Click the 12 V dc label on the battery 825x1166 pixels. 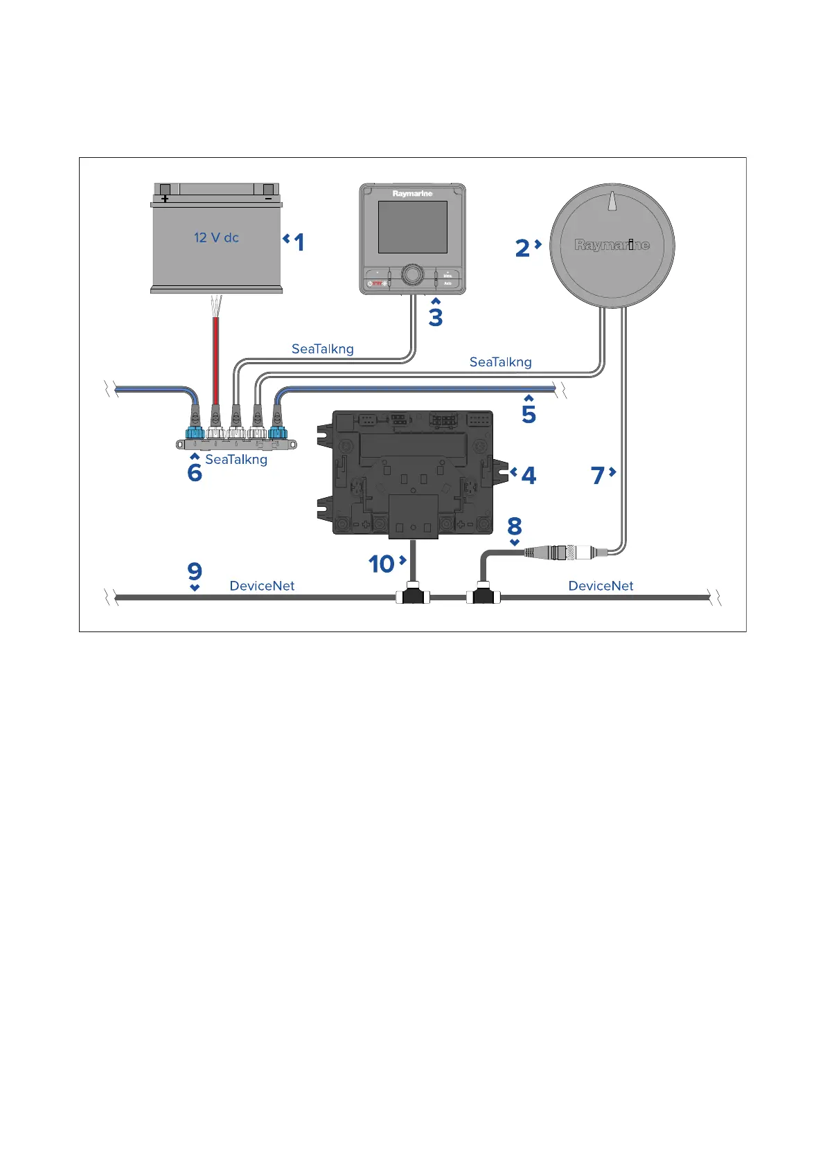pyautogui.click(x=216, y=237)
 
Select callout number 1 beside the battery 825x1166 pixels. pyautogui.click(x=299, y=242)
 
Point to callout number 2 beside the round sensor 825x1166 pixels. pyautogui.click(x=522, y=248)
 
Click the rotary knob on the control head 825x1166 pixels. pyautogui.click(x=412, y=274)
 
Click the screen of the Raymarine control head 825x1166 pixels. pyautogui.click(x=412, y=227)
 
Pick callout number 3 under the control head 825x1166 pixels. pyautogui.click(x=435, y=316)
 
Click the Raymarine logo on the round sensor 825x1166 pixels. pyautogui.click(x=612, y=244)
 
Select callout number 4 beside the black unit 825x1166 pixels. pyautogui.click(x=528, y=476)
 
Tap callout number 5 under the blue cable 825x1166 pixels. pyautogui.click(x=529, y=414)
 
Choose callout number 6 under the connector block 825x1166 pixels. pyautogui.click(x=195, y=472)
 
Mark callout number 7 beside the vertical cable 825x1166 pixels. pyautogui.click(x=598, y=476)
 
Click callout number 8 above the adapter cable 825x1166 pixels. pyautogui.click(x=514, y=526)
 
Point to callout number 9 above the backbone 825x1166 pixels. pyautogui.click(x=195, y=571)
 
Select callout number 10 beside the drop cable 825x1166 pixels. pyautogui.click(x=381, y=564)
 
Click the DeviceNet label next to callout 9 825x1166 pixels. pyautogui.click(x=262, y=586)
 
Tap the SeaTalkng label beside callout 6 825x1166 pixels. pyautogui.click(x=236, y=460)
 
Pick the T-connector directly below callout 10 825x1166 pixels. pyautogui.click(x=413, y=596)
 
